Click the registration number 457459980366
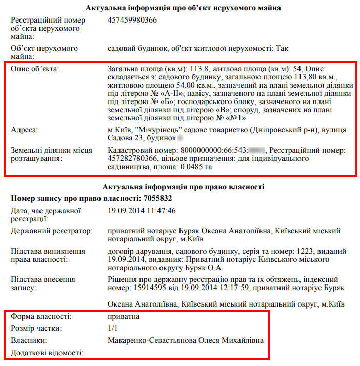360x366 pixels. (132, 20)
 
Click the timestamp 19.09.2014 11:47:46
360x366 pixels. (142, 210)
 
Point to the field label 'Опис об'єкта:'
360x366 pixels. (35, 68)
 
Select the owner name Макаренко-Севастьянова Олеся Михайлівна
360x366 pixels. (186, 340)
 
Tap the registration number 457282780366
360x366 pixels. (132, 159)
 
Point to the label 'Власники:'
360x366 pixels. (29, 340)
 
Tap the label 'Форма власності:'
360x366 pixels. (41, 316)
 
